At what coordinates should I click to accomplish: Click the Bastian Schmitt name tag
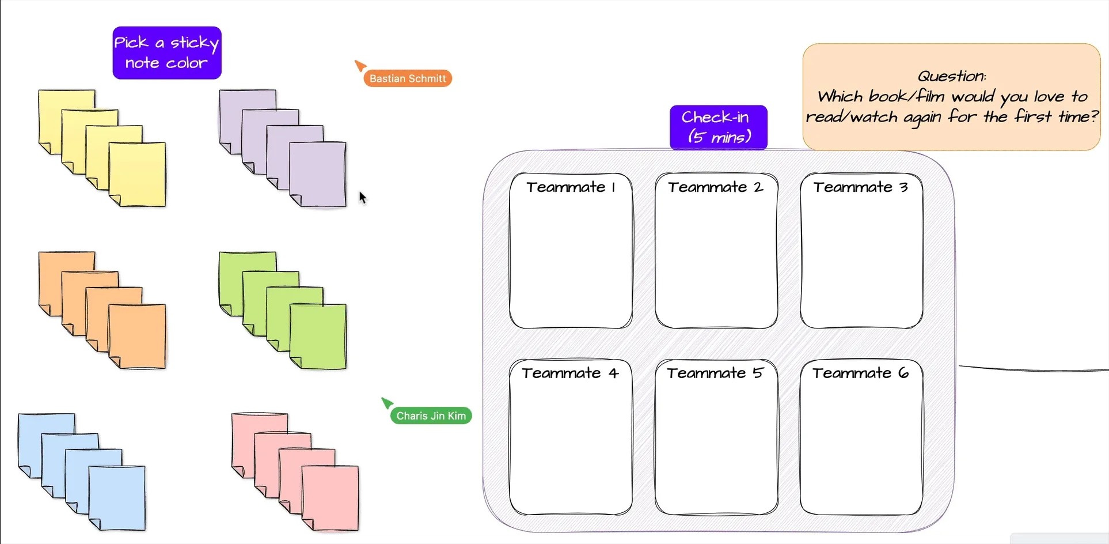click(x=408, y=78)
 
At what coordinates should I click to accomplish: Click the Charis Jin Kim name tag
click(x=431, y=415)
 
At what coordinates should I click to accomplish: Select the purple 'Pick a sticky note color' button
click(x=167, y=52)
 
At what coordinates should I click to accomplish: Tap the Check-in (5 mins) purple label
click(x=718, y=127)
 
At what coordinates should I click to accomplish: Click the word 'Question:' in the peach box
click(x=951, y=76)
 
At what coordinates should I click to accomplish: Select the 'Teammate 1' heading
click(x=571, y=187)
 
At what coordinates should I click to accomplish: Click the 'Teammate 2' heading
click(x=716, y=187)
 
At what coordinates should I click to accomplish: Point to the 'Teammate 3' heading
click(x=860, y=187)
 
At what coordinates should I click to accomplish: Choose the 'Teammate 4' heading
click(x=570, y=373)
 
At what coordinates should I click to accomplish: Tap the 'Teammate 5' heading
click(x=715, y=373)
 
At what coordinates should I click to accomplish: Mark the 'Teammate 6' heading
click(x=860, y=373)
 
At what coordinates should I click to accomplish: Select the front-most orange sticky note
click(x=138, y=337)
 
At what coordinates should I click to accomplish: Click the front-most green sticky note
click(x=318, y=337)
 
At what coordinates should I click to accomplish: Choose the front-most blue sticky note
click(x=117, y=498)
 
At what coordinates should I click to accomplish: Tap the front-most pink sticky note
click(x=331, y=498)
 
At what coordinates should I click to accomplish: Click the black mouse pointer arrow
click(x=362, y=198)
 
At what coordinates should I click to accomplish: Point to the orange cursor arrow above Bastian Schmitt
click(x=360, y=65)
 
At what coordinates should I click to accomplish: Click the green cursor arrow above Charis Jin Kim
click(x=387, y=402)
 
